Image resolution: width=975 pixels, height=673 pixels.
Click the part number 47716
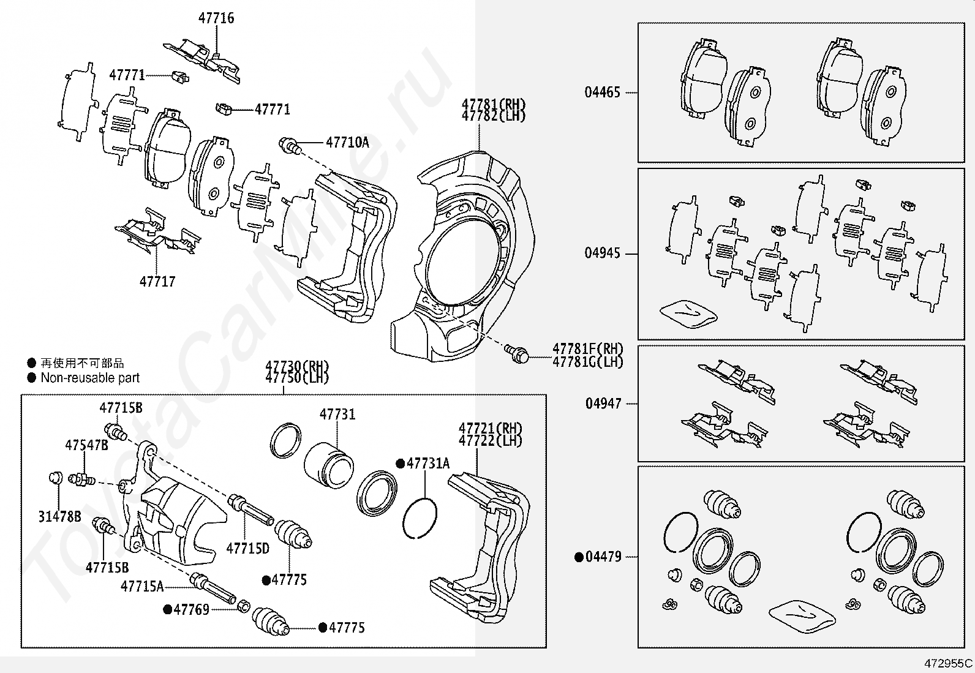coord(216,18)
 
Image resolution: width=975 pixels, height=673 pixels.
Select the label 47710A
coord(347,143)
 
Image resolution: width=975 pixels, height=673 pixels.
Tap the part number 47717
coord(157,282)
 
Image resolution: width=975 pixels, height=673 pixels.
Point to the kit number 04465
coord(602,92)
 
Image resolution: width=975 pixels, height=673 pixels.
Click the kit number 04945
coord(602,253)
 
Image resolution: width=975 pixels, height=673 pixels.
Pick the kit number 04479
coord(603,557)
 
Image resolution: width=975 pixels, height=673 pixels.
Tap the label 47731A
coord(427,464)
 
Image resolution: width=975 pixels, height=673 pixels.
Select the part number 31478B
coord(59,517)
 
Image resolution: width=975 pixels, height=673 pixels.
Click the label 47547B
coord(86,445)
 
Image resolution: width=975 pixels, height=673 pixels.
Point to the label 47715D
coord(247,548)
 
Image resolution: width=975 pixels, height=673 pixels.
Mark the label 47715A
coord(142,586)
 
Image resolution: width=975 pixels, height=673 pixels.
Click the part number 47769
coord(191,609)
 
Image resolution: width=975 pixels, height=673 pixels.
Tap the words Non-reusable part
coord(90,378)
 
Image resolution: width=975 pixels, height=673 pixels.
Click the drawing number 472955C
coord(948,663)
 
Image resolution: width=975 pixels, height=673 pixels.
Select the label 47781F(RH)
coord(587,348)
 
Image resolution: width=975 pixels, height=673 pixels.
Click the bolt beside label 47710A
coord(289,146)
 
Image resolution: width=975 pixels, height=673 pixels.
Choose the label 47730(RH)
coord(297,367)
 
